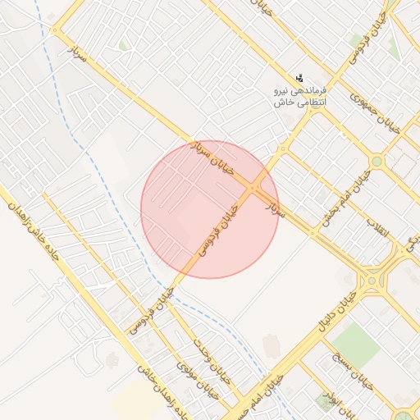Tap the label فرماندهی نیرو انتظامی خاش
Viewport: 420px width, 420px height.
click(300, 95)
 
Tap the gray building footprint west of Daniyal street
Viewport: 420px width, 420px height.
click(271, 345)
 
